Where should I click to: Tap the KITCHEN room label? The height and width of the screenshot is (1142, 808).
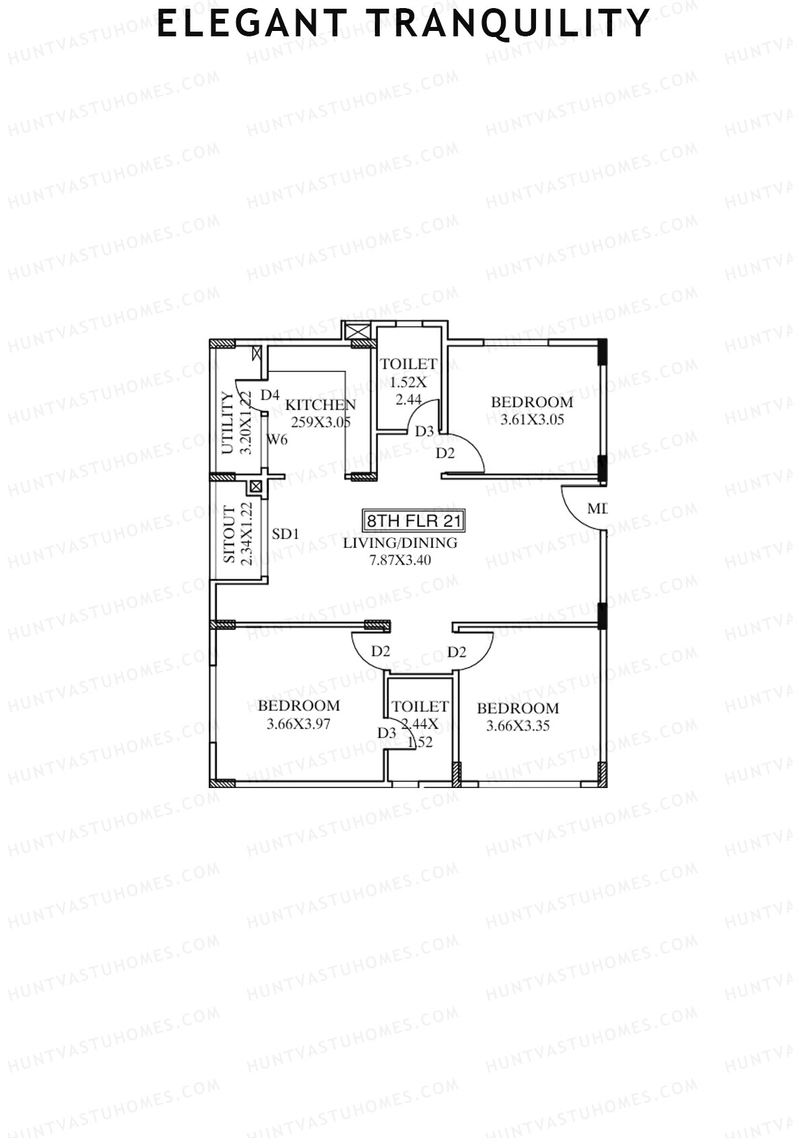[321, 405]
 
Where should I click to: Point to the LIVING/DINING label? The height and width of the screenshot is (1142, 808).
[400, 543]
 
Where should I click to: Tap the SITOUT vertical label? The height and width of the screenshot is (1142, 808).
[229, 535]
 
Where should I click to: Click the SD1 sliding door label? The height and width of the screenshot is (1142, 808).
[285, 534]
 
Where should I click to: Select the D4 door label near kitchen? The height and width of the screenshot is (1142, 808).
[269, 395]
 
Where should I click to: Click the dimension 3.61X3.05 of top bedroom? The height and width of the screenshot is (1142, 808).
[532, 420]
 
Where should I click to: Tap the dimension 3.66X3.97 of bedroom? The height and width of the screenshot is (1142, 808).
[298, 724]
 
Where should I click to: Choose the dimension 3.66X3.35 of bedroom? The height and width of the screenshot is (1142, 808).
[518, 725]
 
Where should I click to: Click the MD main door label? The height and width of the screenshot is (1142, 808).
[597, 509]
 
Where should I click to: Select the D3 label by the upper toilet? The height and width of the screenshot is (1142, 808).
[424, 431]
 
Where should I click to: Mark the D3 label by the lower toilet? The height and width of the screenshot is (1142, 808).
[386, 734]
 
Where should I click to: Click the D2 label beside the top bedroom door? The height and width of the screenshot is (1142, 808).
[445, 453]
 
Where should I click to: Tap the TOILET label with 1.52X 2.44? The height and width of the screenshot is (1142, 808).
[409, 364]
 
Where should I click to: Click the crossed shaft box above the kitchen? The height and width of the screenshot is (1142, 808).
[357, 331]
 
